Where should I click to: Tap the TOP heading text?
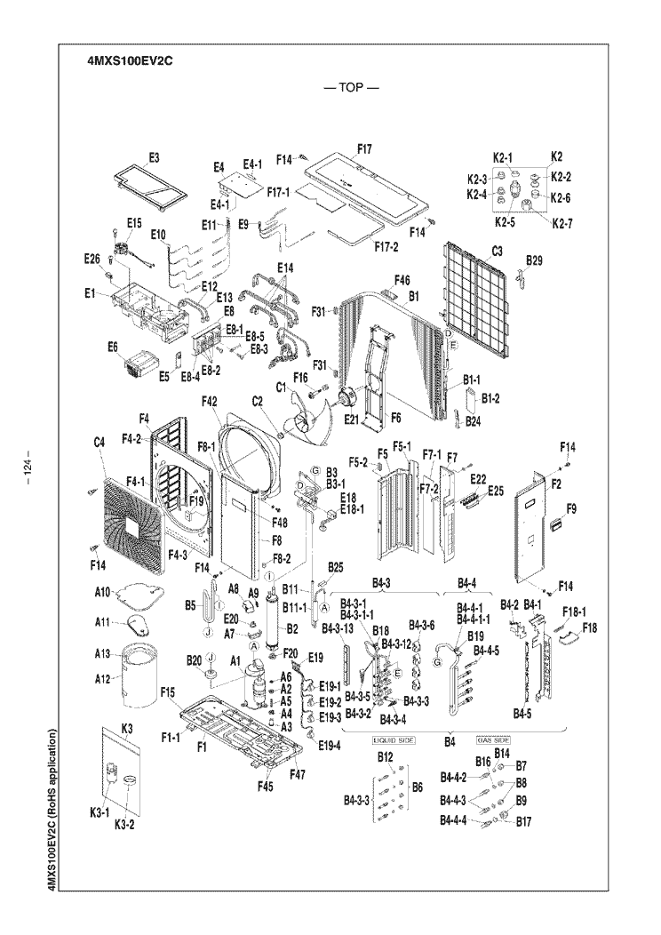pos(352,89)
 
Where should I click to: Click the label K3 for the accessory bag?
pos(126,728)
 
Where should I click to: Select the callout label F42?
pos(210,403)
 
